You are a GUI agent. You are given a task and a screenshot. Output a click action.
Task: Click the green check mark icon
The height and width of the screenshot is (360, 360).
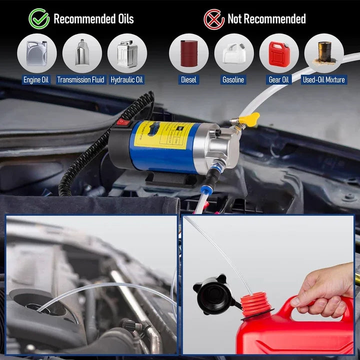[39, 19]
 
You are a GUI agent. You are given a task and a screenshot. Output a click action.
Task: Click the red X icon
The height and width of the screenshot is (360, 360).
[214, 19]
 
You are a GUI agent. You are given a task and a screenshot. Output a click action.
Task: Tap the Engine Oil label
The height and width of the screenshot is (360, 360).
[36, 79]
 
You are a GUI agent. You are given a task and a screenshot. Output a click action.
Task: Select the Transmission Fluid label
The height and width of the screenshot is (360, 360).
[81, 79]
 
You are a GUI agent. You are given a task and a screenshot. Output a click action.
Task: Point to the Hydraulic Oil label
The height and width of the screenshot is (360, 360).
[127, 79]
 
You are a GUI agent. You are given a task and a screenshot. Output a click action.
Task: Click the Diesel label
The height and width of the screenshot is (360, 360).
[189, 79]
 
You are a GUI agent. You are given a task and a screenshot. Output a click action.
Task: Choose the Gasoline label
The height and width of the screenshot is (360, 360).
[233, 79]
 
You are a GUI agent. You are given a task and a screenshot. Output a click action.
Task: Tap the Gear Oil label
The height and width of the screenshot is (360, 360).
[279, 79]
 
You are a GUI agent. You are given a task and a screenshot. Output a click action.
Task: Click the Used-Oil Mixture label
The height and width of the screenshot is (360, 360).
[324, 79]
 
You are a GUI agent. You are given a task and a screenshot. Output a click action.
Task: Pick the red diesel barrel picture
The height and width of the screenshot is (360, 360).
[189, 52]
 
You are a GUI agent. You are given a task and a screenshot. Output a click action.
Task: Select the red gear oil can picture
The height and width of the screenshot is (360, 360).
[278, 52]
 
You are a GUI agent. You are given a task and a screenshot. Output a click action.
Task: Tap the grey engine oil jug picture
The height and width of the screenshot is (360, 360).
[36, 52]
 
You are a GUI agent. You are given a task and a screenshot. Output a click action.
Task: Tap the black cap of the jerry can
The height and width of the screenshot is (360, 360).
[215, 294]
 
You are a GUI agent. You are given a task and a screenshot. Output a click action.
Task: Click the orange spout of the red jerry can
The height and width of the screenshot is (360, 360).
[255, 304]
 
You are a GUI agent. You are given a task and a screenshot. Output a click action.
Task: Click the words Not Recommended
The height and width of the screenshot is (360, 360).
[266, 19]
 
